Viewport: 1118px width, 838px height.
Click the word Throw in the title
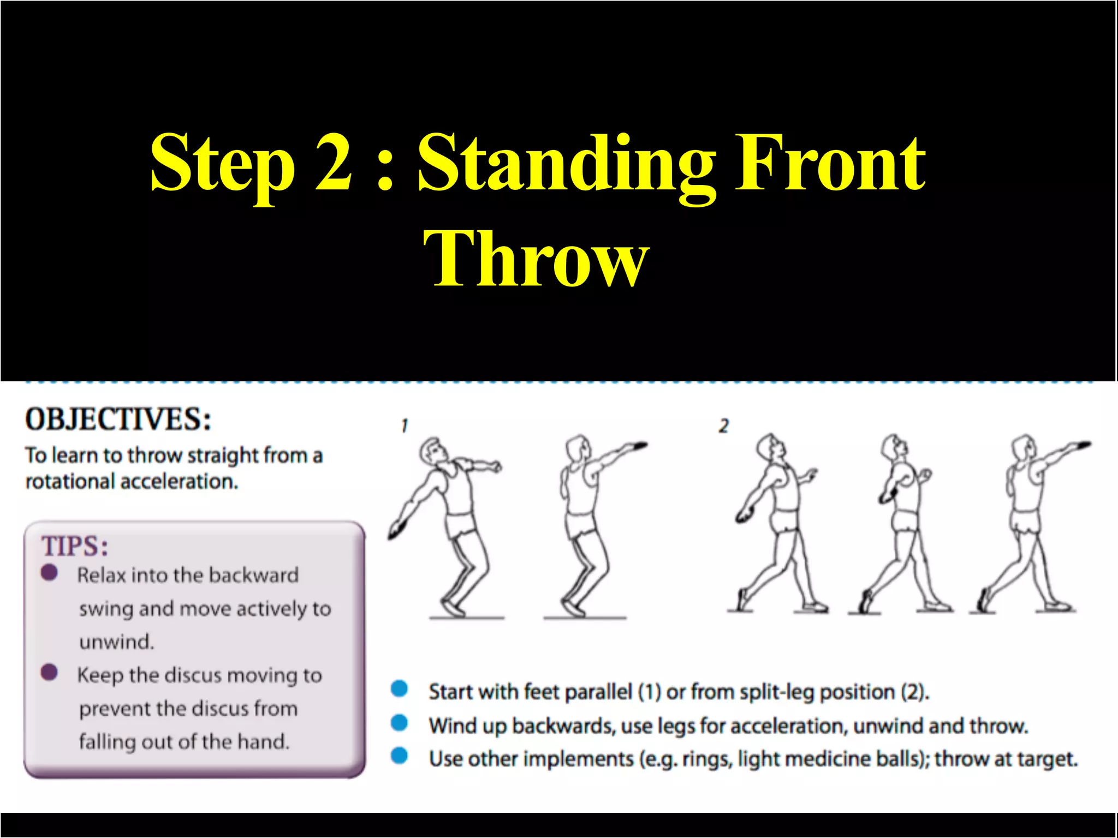coord(536,258)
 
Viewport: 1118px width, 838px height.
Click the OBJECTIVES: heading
coord(118,420)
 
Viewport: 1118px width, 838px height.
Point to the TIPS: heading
coord(75,546)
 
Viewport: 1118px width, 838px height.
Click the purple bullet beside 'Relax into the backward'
coord(49,573)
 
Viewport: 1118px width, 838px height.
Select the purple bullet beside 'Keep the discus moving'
coord(49,672)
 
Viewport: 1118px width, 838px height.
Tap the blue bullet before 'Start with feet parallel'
coord(400,689)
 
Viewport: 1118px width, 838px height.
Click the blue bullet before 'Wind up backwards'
coord(400,723)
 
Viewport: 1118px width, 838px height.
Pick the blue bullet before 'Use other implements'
coord(400,756)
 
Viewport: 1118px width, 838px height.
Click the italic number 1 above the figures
coord(404,426)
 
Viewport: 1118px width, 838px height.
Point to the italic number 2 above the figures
coord(724,426)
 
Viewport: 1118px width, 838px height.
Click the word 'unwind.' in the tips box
coord(117,642)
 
